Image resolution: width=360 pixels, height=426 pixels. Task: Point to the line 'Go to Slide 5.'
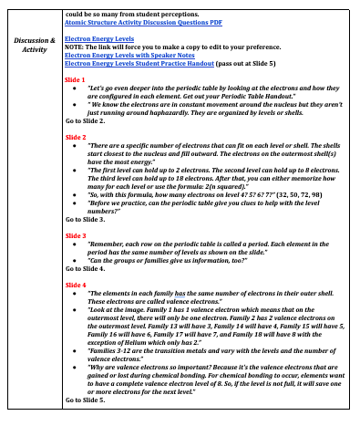point(91,400)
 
